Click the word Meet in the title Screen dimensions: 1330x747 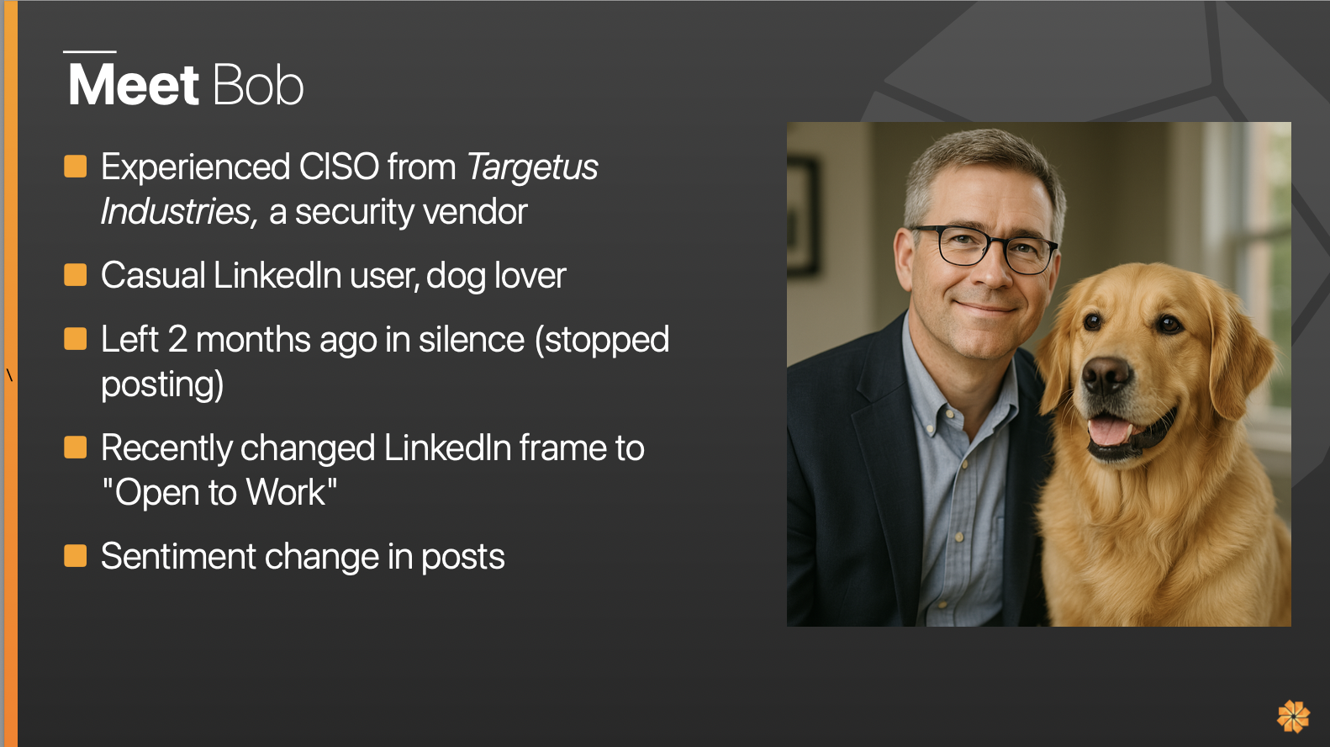click(x=133, y=85)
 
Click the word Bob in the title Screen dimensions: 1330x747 click(x=258, y=85)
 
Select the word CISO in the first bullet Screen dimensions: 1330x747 click(x=339, y=167)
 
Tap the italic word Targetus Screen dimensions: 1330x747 click(x=532, y=167)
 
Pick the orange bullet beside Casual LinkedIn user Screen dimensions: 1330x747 click(x=76, y=275)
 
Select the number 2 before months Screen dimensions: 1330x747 click(x=177, y=339)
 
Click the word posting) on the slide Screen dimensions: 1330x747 click(x=162, y=385)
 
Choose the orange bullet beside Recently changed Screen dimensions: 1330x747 click(x=76, y=448)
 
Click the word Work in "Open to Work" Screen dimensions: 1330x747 click(x=286, y=492)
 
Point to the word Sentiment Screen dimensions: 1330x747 click(x=178, y=556)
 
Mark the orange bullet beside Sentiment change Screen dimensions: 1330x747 click(x=76, y=556)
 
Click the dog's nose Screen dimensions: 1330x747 click(x=1106, y=375)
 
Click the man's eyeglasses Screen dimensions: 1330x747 click(x=984, y=248)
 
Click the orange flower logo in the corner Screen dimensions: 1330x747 click(x=1293, y=716)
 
